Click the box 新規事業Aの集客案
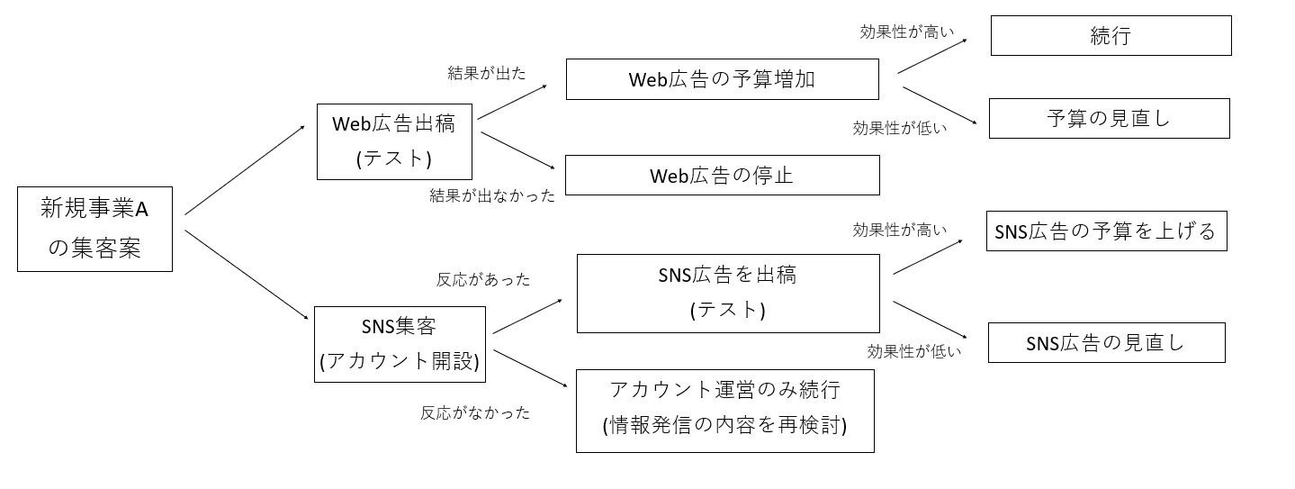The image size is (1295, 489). [x=94, y=229]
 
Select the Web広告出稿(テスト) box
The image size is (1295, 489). [x=394, y=140]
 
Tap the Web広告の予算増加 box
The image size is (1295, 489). [x=722, y=79]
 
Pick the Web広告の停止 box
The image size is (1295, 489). [x=722, y=176]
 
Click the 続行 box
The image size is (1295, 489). [x=1111, y=36]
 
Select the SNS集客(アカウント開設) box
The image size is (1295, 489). [x=400, y=344]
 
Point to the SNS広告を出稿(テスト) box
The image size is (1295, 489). [x=728, y=294]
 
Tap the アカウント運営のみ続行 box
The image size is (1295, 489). [x=724, y=410]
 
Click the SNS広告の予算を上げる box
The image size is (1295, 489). [x=1106, y=231]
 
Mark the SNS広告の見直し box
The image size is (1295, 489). [x=1106, y=343]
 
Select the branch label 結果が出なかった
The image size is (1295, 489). [x=492, y=195]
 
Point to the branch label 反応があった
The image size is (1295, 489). [x=483, y=280]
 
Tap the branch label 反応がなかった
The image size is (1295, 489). [x=475, y=413]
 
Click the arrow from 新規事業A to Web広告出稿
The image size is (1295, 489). [x=245, y=169]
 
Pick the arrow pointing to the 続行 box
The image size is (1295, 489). [x=933, y=55]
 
